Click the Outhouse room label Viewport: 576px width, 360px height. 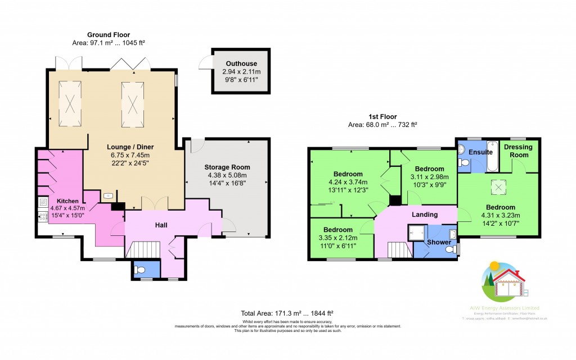click(239, 63)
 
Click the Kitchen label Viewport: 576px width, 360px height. click(67, 201)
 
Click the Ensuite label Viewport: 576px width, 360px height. click(481, 152)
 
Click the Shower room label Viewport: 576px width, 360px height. click(439, 242)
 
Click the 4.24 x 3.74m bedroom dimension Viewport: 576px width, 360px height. click(348, 181)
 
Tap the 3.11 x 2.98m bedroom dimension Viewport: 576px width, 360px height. click(429, 177)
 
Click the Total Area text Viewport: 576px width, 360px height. click(287, 312)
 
